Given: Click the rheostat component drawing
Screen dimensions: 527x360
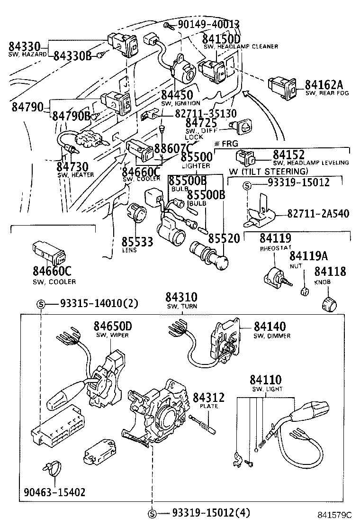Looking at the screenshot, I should pyautogui.click(x=274, y=277).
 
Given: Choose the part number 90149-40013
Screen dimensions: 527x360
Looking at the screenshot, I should pyautogui.click(x=208, y=25).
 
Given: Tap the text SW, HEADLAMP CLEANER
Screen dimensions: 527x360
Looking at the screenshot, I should pyautogui.click(x=241, y=47).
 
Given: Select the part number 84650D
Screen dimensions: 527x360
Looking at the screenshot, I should pyautogui.click(x=113, y=326).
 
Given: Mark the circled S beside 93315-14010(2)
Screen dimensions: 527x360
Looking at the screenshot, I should pyautogui.click(x=41, y=304).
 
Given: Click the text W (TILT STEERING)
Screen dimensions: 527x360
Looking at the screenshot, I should pyautogui.click(x=268, y=171).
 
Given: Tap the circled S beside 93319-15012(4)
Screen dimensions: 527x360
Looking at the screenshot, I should pyautogui.click(x=152, y=513).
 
